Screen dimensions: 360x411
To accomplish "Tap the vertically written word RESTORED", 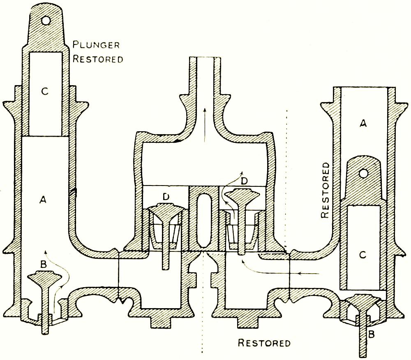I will [x=326, y=190].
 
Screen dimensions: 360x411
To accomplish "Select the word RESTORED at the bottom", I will [x=265, y=342].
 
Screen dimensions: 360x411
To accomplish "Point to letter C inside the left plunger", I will [x=45, y=92].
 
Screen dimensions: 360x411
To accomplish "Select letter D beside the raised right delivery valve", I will [x=245, y=181].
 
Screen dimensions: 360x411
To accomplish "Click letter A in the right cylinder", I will [x=363, y=122].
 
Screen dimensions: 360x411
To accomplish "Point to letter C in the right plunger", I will [x=363, y=255].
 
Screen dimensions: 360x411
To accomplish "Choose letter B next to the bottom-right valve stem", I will [x=371, y=334].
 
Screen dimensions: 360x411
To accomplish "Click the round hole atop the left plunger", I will [x=46, y=19].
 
